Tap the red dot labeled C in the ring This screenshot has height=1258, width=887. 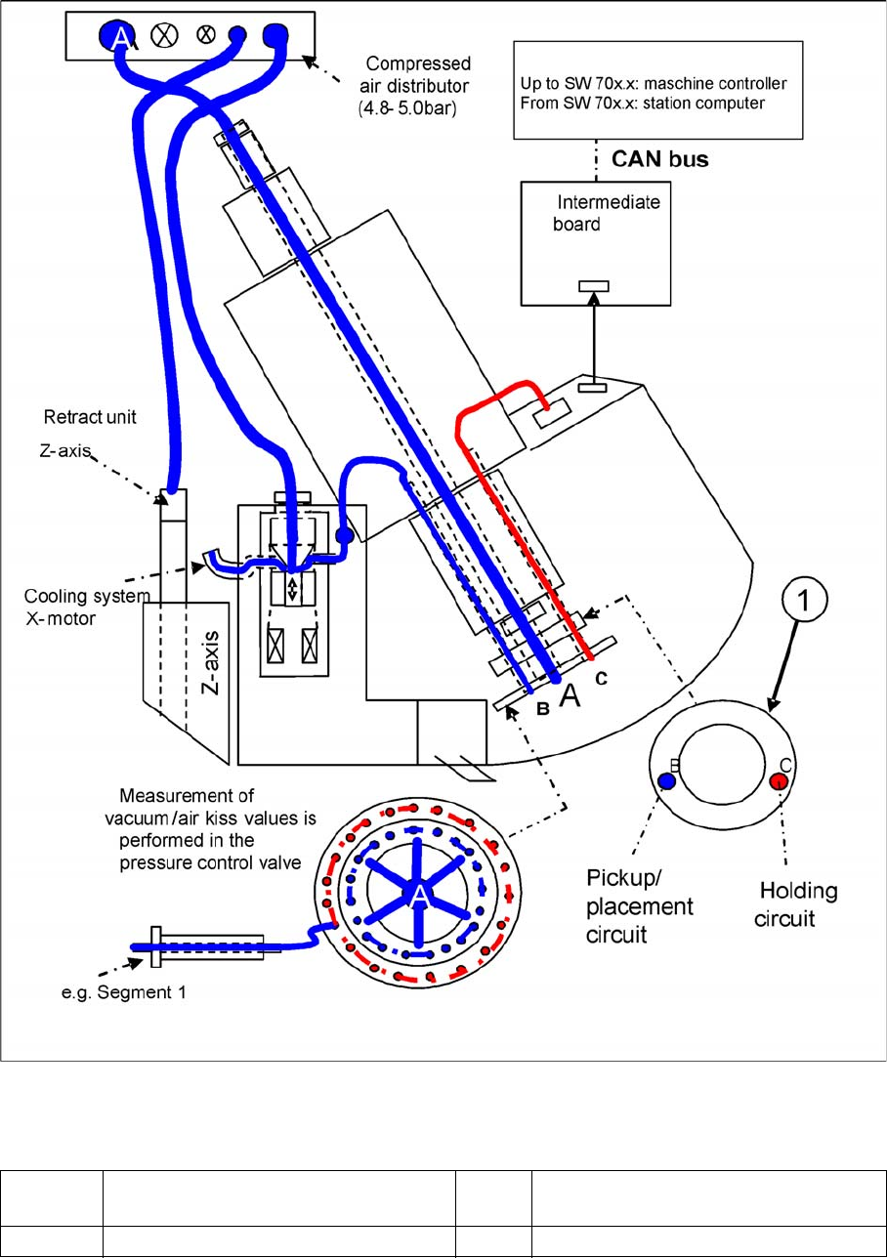coord(778,780)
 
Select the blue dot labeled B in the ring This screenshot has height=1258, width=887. coord(666,780)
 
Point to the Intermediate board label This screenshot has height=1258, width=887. coord(608,212)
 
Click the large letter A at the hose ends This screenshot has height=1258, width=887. coord(570,695)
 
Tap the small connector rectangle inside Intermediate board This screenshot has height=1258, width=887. coord(593,285)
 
